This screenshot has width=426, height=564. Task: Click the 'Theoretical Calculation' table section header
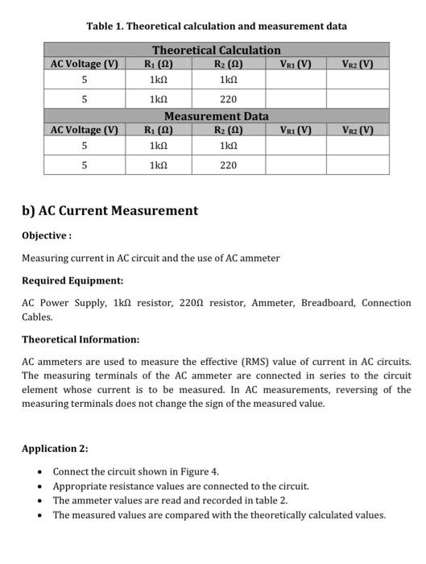pyautogui.click(x=216, y=50)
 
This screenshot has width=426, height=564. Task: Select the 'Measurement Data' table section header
pyautogui.click(x=216, y=117)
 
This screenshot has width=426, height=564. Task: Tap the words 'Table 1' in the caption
pyautogui.click(x=105, y=26)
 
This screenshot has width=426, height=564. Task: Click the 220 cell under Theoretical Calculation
pyautogui.click(x=228, y=99)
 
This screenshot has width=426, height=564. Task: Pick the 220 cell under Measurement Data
pyautogui.click(x=228, y=165)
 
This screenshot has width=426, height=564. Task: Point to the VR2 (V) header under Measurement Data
pyautogui.click(x=358, y=131)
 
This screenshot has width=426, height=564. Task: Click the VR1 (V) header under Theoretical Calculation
pyautogui.click(x=295, y=64)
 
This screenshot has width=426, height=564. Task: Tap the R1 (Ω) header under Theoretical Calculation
pyautogui.click(x=158, y=64)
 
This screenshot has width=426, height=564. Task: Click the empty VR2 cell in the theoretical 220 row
pyautogui.click(x=358, y=99)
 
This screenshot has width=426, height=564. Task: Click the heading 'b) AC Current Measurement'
pyautogui.click(x=110, y=211)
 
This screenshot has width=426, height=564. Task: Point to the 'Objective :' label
pyautogui.click(x=47, y=236)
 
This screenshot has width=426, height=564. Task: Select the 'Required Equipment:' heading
pyautogui.click(x=72, y=281)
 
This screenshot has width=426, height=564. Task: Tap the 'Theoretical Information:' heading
pyautogui.click(x=81, y=340)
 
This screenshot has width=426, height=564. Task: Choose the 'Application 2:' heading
pyautogui.click(x=55, y=449)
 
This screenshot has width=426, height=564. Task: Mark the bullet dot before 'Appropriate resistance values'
pyautogui.click(x=40, y=487)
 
